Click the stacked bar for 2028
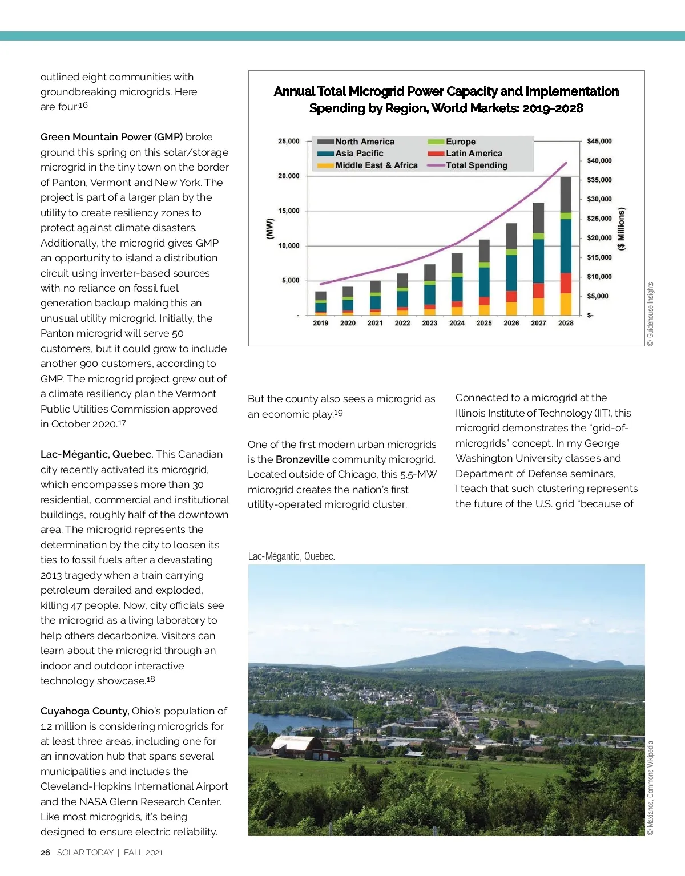pos(566,246)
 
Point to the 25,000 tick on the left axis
pos(289,141)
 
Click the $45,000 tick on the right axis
pos(599,141)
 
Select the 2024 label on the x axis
pos(457,323)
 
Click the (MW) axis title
pos(269,228)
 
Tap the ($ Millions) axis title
pos(622,228)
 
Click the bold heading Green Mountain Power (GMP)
pos(111,137)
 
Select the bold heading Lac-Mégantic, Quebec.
pos(96,454)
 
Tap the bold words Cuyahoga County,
pos(84,711)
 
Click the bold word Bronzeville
pos(303,459)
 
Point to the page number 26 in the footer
pos(45,853)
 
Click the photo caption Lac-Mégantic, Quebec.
pos(291,556)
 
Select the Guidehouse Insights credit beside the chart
pos(651,314)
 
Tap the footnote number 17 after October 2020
pos(122,423)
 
